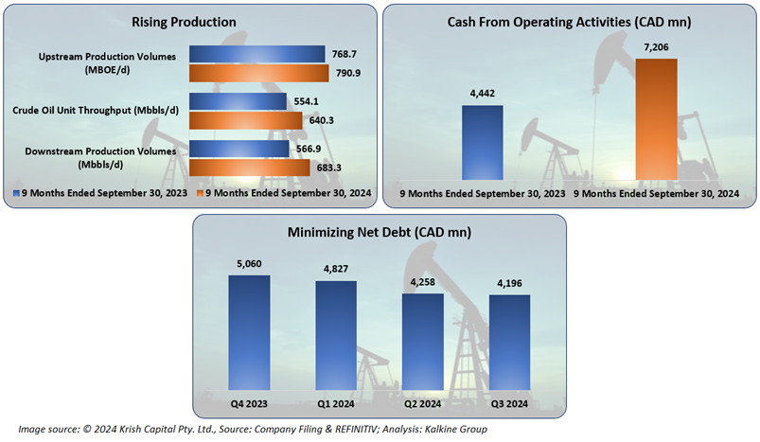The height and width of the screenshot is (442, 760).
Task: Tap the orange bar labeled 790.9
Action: pos(257,74)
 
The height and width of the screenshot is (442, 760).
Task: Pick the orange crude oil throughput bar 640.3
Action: pos(246,120)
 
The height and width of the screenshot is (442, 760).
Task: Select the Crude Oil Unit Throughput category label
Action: pos(102,111)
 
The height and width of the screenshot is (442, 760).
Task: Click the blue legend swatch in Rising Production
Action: pos(16,193)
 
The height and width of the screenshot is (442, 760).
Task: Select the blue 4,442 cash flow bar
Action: pos(483,142)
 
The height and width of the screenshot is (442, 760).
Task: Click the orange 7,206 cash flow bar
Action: pos(656,118)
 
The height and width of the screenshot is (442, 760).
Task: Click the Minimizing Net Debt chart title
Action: pos(380,231)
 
